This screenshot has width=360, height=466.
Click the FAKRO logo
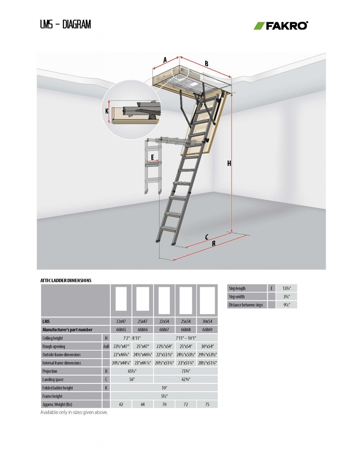[281, 25]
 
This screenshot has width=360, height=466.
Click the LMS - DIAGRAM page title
[66, 24]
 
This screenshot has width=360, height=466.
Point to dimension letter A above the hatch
[165, 60]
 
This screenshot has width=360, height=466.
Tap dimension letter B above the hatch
[206, 64]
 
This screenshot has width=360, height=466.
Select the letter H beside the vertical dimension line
[229, 164]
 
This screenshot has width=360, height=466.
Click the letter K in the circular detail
[107, 111]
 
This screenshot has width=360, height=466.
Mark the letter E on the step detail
[153, 157]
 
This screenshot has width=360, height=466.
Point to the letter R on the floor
[214, 244]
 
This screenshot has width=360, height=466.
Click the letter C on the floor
[206, 237]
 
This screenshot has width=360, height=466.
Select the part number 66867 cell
[164, 330]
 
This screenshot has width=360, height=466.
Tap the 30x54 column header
[207, 321]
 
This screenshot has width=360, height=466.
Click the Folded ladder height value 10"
[164, 388]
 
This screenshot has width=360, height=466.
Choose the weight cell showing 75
[207, 404]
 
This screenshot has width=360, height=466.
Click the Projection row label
[50, 371]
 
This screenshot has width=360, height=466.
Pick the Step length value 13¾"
[286, 288]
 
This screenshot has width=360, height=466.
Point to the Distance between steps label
[246, 305]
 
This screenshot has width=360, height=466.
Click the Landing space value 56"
[132, 380]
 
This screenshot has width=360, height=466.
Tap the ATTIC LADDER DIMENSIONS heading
[66, 281]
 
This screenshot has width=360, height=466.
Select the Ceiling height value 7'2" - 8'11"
[132, 338]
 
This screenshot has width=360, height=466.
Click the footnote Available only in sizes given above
[74, 412]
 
